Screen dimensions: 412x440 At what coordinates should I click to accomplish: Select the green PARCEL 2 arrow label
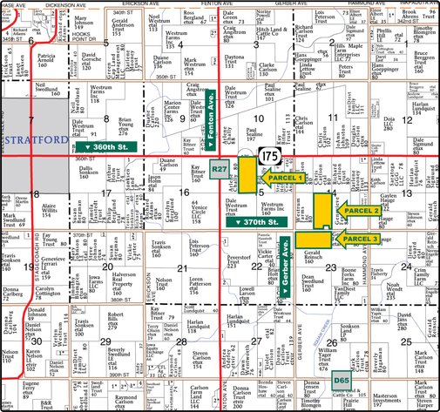pyautogui.click(x=358, y=210)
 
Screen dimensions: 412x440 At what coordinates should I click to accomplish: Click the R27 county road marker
pyautogui.click(x=220, y=167)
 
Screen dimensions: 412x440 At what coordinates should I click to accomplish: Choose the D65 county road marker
pyautogui.click(x=342, y=381)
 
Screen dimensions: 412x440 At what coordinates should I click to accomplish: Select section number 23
pyautogui.click(x=330, y=267)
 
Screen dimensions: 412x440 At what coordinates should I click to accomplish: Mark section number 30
pyautogui.click(x=35, y=341)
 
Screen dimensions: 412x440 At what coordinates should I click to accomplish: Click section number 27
pyautogui.click(x=258, y=341)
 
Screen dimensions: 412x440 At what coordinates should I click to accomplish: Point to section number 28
pyautogui.click(x=181, y=341)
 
